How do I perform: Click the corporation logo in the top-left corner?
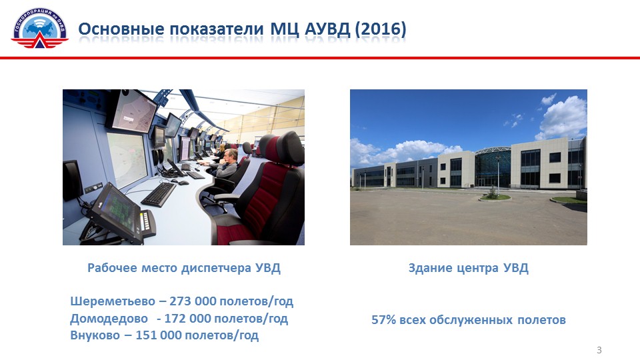pos(39,28)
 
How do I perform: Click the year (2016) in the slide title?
pos(381,29)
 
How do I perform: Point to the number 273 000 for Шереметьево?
pos(193,301)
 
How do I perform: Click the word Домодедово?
pos(109,319)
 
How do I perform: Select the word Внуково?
pos(95,335)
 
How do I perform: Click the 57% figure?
pos(384,319)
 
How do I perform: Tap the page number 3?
pos(599,350)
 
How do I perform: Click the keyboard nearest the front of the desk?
pos(159,194)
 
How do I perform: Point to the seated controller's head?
pos(231,155)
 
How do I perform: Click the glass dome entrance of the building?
pos(493,167)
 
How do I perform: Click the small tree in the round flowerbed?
pos(494,192)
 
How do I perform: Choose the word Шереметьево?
pos(113,301)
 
